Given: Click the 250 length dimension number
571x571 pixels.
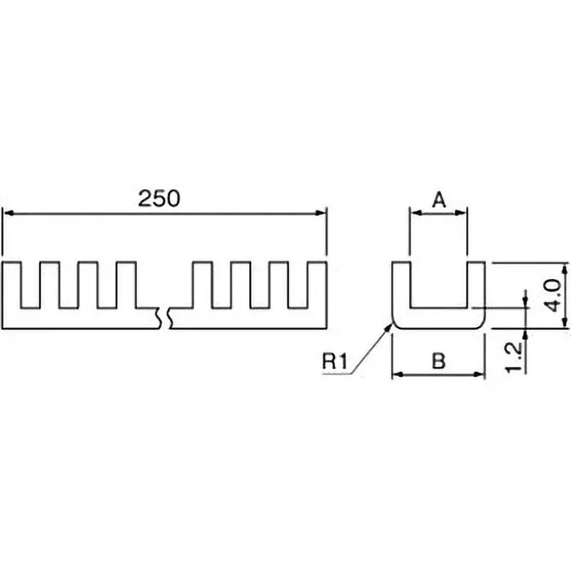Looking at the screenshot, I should [158, 199].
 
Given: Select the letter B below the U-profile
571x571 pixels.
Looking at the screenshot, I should [439, 361].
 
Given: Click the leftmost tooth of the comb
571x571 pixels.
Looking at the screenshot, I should [12, 285].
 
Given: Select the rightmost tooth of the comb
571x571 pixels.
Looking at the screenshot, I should [319, 285].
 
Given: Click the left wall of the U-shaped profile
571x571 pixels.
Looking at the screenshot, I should [400, 289].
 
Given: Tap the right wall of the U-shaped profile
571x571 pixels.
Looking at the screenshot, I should [477, 289].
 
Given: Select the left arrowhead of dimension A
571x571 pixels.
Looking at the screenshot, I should [413, 212].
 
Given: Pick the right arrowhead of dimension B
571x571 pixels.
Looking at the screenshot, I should [481, 374].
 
